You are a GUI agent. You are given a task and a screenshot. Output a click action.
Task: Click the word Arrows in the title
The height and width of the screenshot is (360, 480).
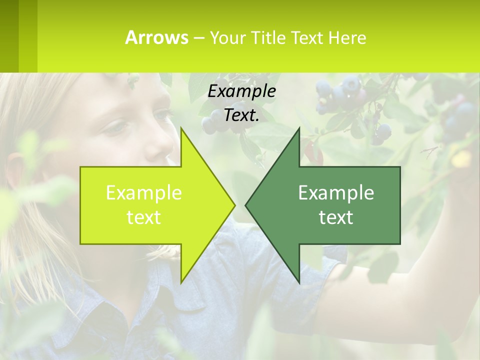pyautogui.click(x=156, y=37)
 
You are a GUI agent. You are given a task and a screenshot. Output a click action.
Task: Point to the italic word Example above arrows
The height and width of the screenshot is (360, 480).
pyautogui.click(x=241, y=91)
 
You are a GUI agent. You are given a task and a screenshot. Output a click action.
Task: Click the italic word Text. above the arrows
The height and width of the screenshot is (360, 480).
pyautogui.click(x=241, y=115)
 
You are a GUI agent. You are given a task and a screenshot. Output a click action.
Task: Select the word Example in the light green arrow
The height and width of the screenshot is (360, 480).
pyautogui.click(x=143, y=193)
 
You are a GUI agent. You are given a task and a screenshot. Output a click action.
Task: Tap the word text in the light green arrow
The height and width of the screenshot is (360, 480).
pyautogui.click(x=143, y=217)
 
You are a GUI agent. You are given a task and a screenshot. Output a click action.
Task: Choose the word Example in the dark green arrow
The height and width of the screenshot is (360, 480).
pyautogui.click(x=336, y=193)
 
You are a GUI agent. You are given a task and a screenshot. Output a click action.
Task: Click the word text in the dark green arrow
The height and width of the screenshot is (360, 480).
pyautogui.click(x=336, y=217)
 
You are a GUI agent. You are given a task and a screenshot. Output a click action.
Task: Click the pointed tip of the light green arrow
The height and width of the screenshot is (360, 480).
pyautogui.click(x=234, y=205)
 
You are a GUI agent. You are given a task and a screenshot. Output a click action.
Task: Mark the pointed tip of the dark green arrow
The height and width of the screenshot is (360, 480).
pyautogui.click(x=246, y=205)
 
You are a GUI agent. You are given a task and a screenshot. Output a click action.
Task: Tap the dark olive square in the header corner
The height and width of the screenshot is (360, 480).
pyautogui.click(x=9, y=36)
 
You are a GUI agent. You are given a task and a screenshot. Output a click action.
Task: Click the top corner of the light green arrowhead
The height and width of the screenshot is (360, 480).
pyautogui.click(x=181, y=128)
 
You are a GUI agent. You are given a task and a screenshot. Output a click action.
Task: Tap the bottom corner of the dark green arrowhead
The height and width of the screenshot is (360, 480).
pyautogui.click(x=299, y=282)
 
